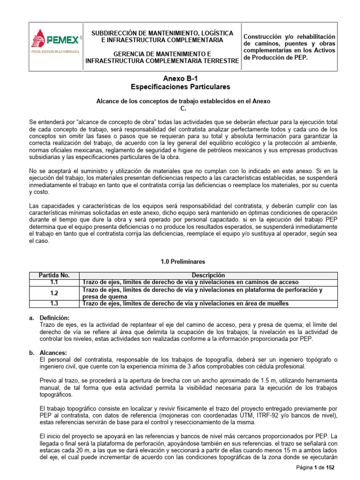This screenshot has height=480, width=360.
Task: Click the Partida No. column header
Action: (53, 275)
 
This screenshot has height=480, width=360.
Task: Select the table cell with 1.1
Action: (53, 282)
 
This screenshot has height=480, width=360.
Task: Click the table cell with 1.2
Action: (53, 293)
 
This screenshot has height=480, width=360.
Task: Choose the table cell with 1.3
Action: (53, 304)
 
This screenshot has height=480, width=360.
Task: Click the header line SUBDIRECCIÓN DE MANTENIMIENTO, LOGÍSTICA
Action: (162, 33)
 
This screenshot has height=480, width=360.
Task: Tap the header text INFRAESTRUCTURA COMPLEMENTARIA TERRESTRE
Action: (162, 61)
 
